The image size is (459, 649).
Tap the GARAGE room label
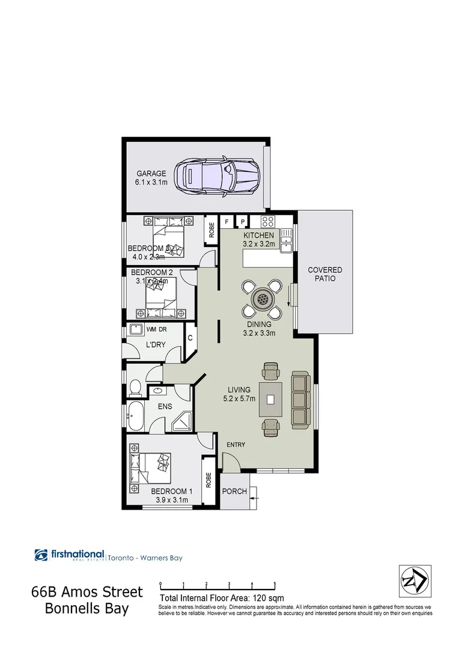pyautogui.click(x=151, y=174)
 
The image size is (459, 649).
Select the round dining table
pyautogui.click(x=262, y=298)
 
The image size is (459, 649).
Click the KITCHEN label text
pyautogui.click(x=258, y=235)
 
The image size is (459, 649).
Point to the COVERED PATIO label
pyautogui.click(x=324, y=274)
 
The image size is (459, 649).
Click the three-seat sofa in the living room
pyautogui.click(x=300, y=398)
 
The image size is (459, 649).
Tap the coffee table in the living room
pyautogui.click(x=271, y=399)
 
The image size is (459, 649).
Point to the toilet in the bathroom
pyautogui.click(x=135, y=389)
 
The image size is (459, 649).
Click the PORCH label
pyautogui.click(x=234, y=491)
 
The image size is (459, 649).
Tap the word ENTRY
pyautogui.click(x=236, y=444)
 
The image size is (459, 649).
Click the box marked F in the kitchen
pyautogui.click(x=227, y=221)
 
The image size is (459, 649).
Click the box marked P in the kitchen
pyautogui.click(x=243, y=221)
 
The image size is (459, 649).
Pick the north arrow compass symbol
pyautogui.click(x=415, y=581)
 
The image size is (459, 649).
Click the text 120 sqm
pyautogui.click(x=269, y=598)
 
